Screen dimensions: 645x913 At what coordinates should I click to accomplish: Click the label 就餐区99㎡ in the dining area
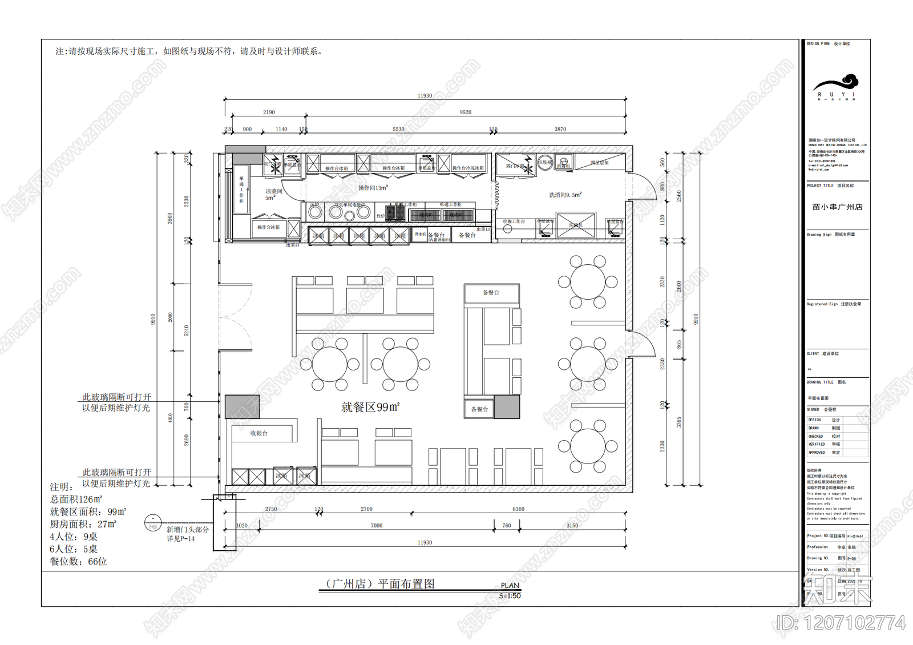pyautogui.click(x=370, y=407)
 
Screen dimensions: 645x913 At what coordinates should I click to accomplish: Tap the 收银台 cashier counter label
pyautogui.click(x=258, y=433)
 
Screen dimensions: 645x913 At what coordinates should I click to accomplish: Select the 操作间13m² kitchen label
pyautogui.click(x=373, y=188)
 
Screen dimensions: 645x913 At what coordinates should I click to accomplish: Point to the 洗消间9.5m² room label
pyautogui.click(x=565, y=195)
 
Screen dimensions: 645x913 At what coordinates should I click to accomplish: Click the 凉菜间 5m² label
pyautogui.click(x=273, y=194)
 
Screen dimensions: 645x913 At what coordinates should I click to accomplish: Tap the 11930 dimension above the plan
pyautogui.click(x=425, y=96)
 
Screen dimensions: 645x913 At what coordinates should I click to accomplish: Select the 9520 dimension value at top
pyautogui.click(x=466, y=112)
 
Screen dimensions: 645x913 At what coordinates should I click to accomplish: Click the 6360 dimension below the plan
pyautogui.click(x=518, y=509)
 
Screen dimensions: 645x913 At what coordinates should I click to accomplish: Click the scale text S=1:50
pyautogui.click(x=510, y=596)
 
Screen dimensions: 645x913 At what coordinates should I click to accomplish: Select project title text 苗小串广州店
pyautogui.click(x=837, y=207)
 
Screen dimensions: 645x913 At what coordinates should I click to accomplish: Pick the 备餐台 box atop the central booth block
pyautogui.click(x=491, y=293)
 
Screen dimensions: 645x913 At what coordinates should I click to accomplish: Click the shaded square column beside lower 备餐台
pyautogui.click(x=507, y=406)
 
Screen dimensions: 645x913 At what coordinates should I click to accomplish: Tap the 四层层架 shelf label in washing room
pyautogui.click(x=599, y=163)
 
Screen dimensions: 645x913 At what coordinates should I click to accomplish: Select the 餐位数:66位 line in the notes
pyautogui.click(x=79, y=562)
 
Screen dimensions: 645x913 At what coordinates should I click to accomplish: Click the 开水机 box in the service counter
pyautogui.click(x=420, y=234)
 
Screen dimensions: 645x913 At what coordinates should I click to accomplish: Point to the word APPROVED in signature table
pyautogui.click(x=817, y=453)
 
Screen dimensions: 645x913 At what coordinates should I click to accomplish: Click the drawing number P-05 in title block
pyautogui.click(x=851, y=559)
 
